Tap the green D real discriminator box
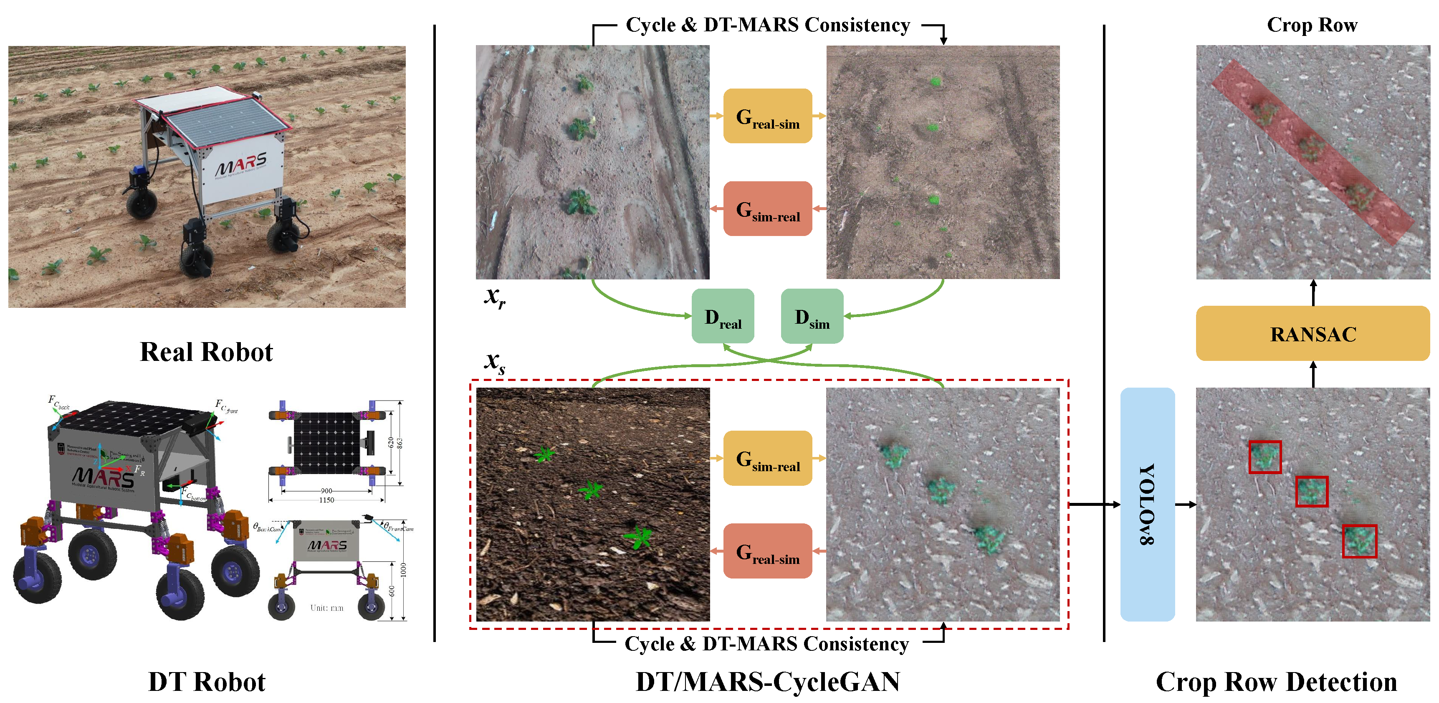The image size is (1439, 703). coord(722,316)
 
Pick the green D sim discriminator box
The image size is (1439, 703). coord(812,316)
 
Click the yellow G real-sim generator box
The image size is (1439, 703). coord(768,116)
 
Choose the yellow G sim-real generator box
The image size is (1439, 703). coord(768,458)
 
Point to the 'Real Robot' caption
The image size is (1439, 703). coord(206,352)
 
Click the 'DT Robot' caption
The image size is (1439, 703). coord(206,682)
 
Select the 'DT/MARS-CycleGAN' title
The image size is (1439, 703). coord(768,682)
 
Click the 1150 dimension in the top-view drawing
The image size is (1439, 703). coord(326,500)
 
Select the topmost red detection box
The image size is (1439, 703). coord(1265,457)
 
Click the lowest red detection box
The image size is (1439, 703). coord(1359,541)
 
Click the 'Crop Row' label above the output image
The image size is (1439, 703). coord(1312,25)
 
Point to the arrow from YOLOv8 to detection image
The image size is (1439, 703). coord(1185,505)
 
